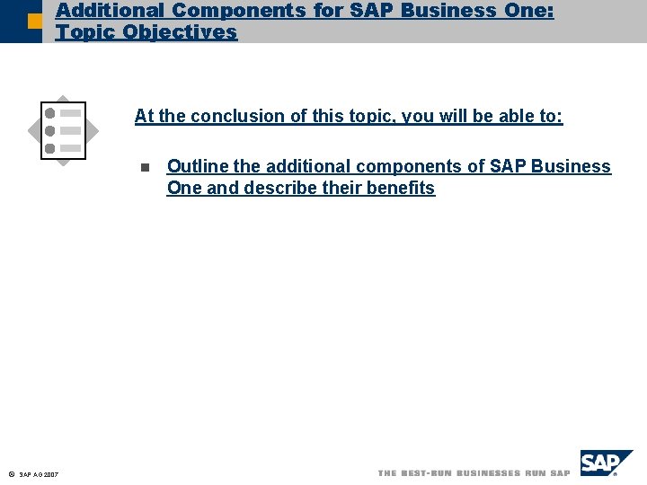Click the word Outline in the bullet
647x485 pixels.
pos(198,166)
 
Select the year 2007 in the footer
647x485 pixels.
pos(52,474)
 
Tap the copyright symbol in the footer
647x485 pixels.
pos(9,473)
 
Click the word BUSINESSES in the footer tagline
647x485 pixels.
pos(488,472)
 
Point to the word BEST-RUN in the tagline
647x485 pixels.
pos(427,472)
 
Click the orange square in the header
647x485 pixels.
pos(34,20)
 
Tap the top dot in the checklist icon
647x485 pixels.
pos(50,112)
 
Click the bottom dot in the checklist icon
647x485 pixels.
pos(50,147)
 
